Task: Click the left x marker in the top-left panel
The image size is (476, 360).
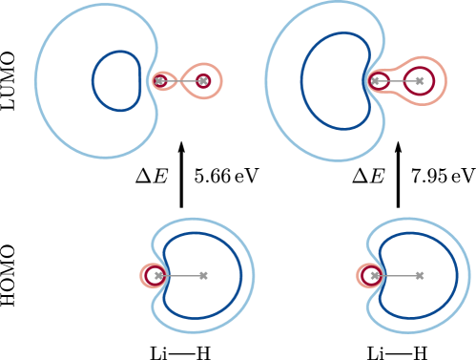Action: point(159,81)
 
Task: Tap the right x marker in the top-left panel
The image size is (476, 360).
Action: point(203,81)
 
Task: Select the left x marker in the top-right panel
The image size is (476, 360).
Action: point(376,81)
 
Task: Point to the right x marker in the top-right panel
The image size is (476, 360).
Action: point(420,81)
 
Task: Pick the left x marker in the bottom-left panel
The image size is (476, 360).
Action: point(158,276)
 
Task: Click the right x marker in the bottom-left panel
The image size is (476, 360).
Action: point(203,276)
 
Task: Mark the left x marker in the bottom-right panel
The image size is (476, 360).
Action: point(375,276)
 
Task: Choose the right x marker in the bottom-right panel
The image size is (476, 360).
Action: point(420,276)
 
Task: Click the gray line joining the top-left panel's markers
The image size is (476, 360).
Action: point(181,81)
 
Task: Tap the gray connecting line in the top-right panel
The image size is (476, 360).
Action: point(396,81)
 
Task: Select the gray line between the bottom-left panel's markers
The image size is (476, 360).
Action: point(181,276)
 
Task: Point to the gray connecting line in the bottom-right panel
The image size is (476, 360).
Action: point(397,276)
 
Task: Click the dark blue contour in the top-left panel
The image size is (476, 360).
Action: point(93,81)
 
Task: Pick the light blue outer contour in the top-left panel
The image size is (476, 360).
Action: point(36,81)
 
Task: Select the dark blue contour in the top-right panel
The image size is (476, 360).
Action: point(301,81)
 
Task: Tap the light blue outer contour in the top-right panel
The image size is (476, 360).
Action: point(266,81)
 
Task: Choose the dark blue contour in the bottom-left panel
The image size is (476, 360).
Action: point(241,276)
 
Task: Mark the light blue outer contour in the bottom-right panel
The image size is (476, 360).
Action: point(469,276)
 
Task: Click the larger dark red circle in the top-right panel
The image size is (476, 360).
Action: point(434,81)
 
